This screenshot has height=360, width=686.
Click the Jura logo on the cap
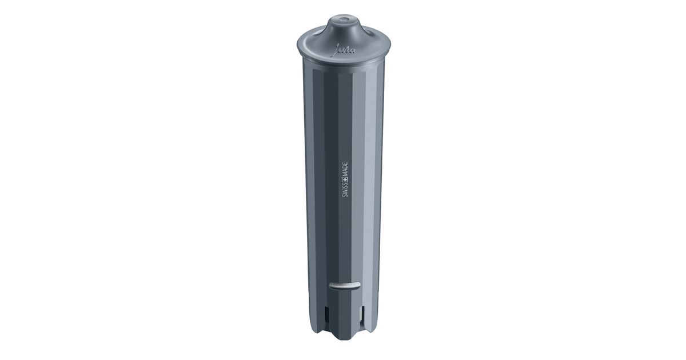coord(345,50)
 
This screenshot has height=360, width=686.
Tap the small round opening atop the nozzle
coord(344,19)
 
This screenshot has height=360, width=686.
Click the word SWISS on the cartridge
coord(345,190)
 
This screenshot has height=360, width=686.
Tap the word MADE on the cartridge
coord(345,169)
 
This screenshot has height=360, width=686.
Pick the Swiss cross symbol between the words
coord(345,179)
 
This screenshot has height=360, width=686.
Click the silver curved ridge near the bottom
coord(345,285)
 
